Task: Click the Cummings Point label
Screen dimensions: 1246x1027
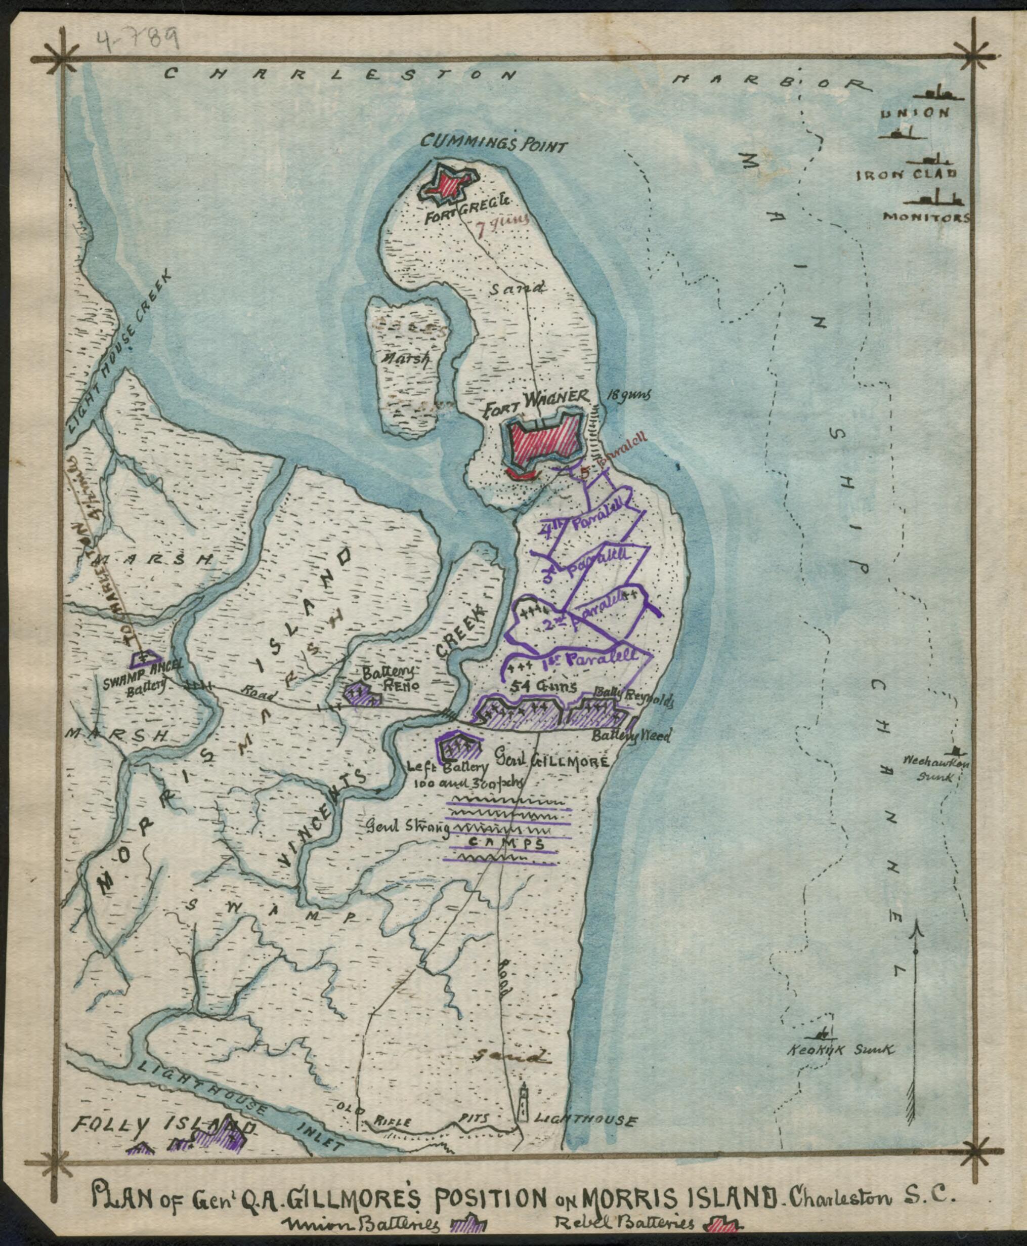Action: [493, 142]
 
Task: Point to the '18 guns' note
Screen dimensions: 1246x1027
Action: [628, 395]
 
